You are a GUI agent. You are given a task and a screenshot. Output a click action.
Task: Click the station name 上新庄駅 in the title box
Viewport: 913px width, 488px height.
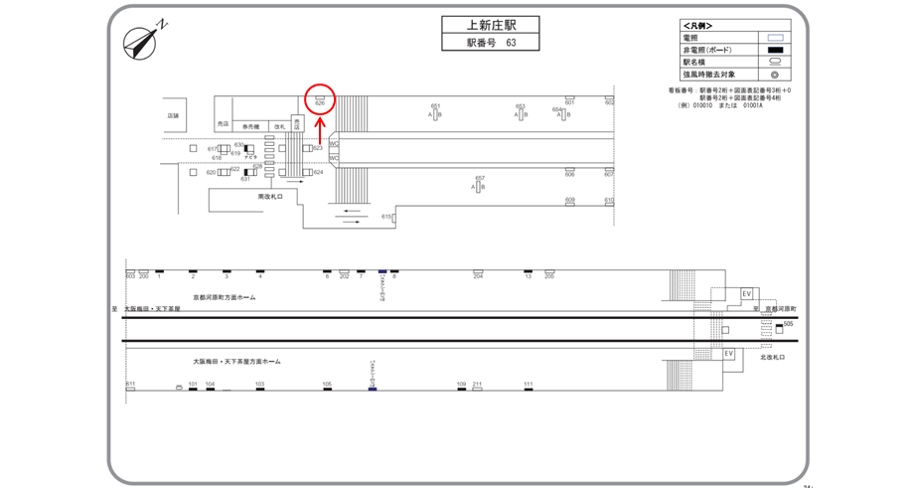click(x=490, y=26)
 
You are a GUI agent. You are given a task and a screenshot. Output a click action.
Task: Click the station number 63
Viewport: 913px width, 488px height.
click(x=511, y=43)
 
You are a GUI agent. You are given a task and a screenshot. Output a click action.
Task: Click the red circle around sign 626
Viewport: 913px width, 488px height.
click(x=320, y=99)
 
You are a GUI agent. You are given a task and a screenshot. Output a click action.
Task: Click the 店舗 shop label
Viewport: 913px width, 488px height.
click(x=173, y=115)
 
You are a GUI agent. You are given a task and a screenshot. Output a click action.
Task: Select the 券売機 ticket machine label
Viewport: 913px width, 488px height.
click(x=249, y=126)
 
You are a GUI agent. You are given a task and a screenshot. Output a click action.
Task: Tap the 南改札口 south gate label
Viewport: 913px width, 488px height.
click(x=270, y=197)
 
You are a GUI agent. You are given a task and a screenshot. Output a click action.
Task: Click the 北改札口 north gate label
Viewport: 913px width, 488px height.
click(x=772, y=357)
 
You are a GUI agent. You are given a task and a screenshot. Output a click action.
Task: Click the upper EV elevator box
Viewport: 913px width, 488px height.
click(x=747, y=294)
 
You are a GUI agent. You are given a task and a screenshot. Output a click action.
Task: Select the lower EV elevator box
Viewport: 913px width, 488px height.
click(x=728, y=354)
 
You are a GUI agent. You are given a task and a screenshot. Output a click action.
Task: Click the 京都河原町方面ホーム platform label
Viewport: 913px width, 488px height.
click(x=224, y=297)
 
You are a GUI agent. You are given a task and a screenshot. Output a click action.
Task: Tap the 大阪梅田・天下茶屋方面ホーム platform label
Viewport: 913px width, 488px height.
click(x=236, y=362)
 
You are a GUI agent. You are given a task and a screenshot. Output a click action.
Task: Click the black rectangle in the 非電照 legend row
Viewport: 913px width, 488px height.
click(x=776, y=50)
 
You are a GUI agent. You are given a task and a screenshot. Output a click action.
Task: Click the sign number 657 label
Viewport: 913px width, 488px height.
click(x=480, y=179)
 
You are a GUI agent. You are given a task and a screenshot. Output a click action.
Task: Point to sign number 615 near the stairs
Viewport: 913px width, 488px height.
click(x=386, y=216)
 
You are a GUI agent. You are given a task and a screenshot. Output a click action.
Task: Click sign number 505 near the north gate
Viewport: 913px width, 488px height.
click(x=788, y=323)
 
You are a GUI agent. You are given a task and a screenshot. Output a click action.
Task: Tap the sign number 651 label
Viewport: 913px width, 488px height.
click(x=435, y=106)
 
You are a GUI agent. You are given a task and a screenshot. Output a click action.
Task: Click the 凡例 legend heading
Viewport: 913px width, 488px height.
click(x=697, y=26)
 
